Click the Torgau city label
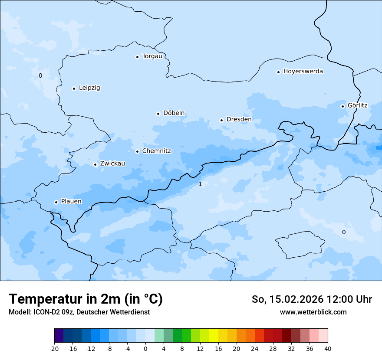point(152,56)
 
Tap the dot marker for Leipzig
point(74,88)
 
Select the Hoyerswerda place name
point(303,72)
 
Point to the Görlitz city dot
point(342,106)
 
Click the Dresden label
point(239,120)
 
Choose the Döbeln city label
point(174,113)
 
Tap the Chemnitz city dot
point(137,151)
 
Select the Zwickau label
point(112,164)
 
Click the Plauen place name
point(71,202)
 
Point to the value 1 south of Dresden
point(200,184)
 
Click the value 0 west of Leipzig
point(40,76)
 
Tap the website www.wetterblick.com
point(313,312)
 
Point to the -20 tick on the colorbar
point(54,349)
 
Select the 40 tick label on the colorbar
point(328,349)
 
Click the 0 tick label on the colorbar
point(145,349)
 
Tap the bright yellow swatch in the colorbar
point(214,336)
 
